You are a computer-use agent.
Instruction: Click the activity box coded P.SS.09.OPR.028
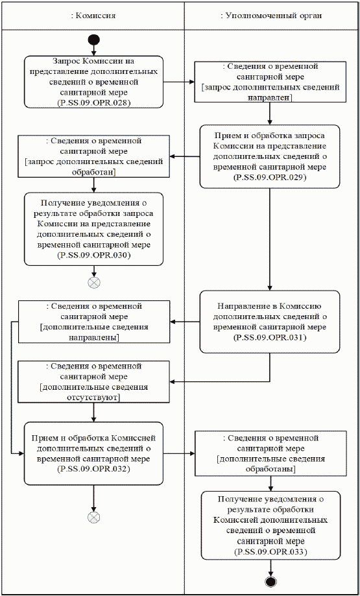tap(95, 83)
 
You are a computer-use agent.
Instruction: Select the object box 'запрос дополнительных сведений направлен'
tap(269, 82)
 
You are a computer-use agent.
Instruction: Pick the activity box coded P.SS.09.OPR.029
tap(269, 156)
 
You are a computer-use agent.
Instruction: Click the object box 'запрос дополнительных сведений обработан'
tap(95, 156)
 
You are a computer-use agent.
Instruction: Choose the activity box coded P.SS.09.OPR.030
tap(95, 228)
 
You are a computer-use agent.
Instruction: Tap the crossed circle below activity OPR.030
tap(95, 282)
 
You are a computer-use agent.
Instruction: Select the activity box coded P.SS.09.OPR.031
tap(269, 321)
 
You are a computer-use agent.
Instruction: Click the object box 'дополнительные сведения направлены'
tap(95, 322)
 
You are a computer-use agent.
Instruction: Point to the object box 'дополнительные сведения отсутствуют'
tap(95, 382)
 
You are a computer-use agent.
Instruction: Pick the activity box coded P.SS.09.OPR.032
tap(95, 453)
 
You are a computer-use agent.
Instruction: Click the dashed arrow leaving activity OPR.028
tap(179, 82)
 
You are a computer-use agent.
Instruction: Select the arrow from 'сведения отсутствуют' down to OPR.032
tap(95, 412)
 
